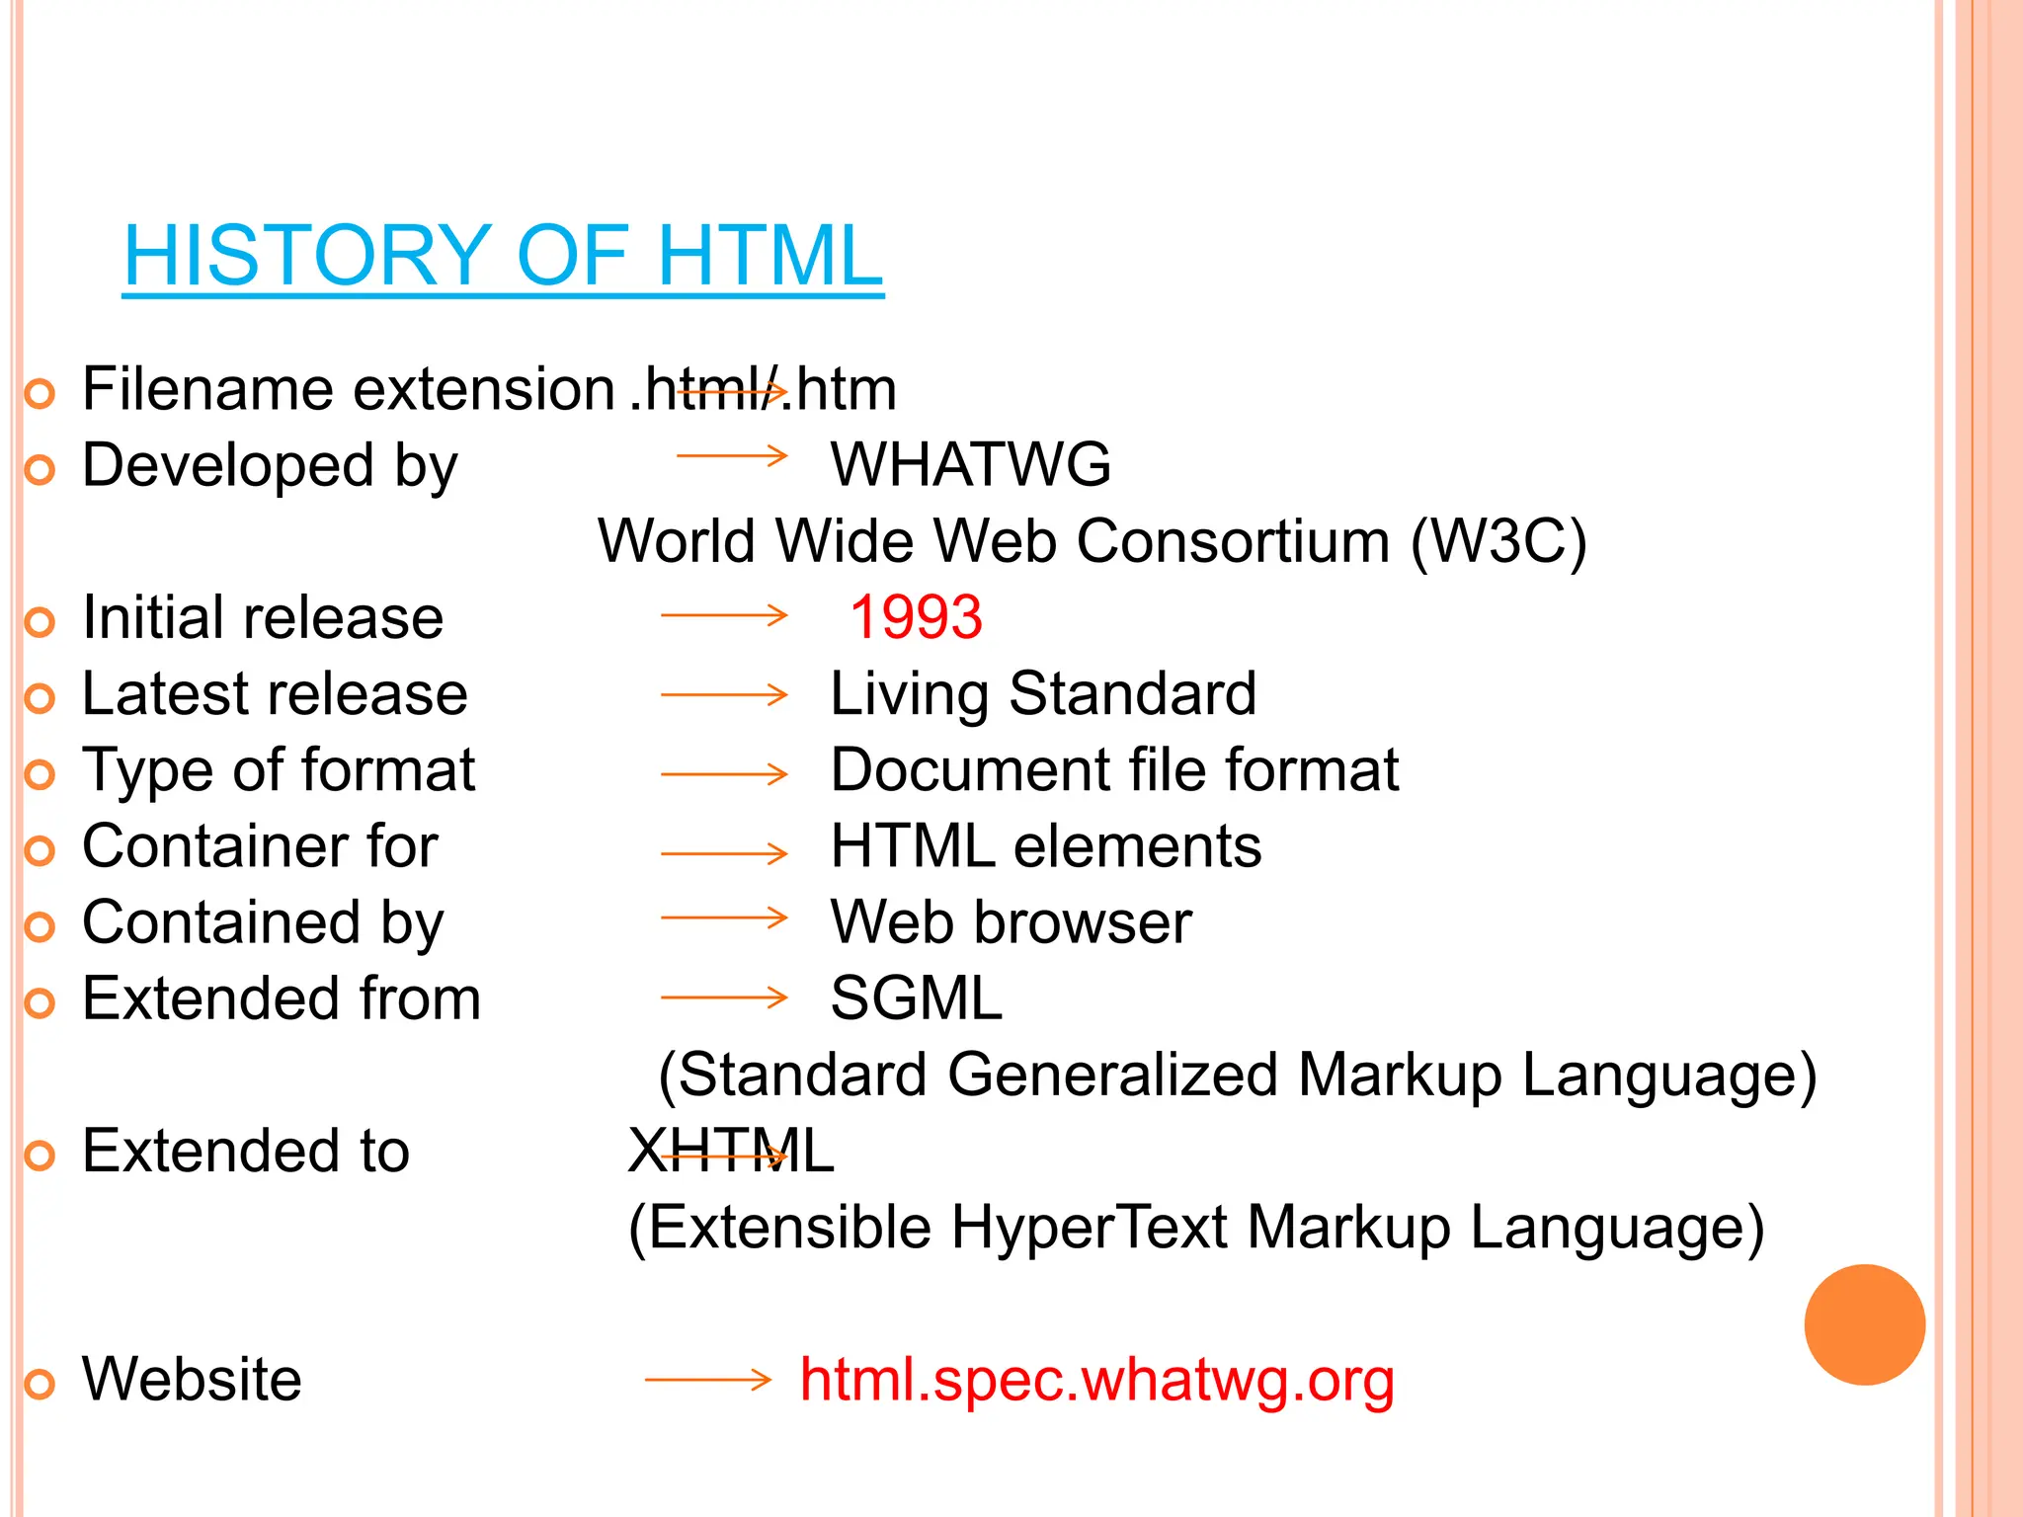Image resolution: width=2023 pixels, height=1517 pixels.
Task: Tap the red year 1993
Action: click(916, 617)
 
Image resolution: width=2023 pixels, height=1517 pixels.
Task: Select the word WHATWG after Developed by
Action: click(971, 464)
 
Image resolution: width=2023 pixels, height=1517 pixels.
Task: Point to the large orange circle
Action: click(1864, 1324)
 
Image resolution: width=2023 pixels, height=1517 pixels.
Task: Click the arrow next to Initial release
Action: click(724, 616)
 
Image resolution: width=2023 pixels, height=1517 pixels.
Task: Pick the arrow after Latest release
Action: click(724, 695)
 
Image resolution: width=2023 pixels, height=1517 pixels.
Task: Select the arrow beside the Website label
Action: click(707, 1379)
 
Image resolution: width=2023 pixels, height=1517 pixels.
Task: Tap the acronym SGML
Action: click(916, 998)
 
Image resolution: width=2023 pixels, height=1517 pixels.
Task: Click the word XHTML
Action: click(731, 1151)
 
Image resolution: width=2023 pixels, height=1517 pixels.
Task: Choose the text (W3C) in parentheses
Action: click(1498, 541)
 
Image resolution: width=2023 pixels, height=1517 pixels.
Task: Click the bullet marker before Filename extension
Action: click(40, 394)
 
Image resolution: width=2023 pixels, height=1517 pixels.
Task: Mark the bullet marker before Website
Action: click(40, 1384)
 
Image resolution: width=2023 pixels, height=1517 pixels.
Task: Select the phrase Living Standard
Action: click(1043, 693)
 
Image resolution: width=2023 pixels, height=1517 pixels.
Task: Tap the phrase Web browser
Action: click(1011, 921)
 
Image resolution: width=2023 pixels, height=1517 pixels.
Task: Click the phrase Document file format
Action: click(1114, 769)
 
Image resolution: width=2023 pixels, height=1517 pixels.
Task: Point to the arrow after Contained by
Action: click(724, 918)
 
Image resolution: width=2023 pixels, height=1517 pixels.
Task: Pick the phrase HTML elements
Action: click(1046, 845)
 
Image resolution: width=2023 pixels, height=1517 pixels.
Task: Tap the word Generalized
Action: click(1112, 1075)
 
